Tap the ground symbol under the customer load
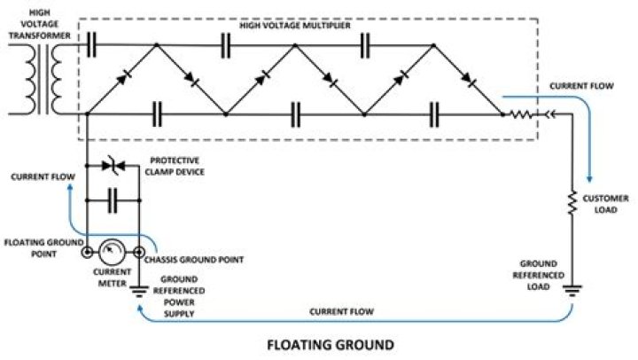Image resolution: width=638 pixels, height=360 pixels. (x=572, y=288)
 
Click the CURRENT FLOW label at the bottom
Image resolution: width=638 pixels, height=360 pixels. (x=341, y=312)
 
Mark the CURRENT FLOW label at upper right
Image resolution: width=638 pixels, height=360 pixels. (x=580, y=86)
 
